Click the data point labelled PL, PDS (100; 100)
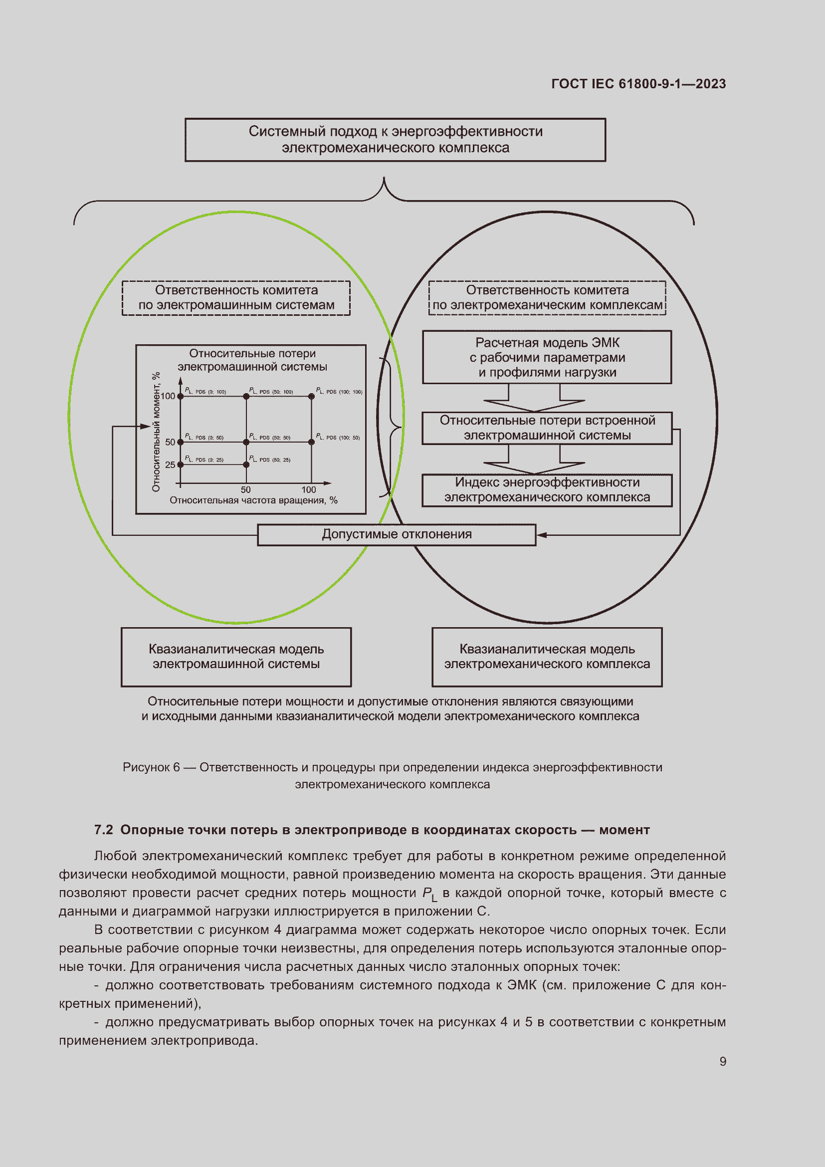tap(311, 397)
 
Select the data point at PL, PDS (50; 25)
tap(246, 465)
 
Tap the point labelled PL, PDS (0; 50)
tap(181, 442)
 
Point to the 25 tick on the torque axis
tap(170, 465)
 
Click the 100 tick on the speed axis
tap(308, 489)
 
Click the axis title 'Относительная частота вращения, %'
tap(253, 500)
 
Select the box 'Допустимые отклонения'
tap(396, 534)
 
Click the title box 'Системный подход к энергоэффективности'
tap(395, 140)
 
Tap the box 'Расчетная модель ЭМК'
tap(547, 357)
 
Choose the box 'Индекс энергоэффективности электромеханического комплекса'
tap(547, 489)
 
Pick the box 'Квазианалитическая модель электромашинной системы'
tap(236, 656)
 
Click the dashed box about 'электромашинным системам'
tap(236, 298)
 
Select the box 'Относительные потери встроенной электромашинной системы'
tap(547, 428)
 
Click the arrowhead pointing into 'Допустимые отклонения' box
tap(541, 535)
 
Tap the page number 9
tap(722, 1061)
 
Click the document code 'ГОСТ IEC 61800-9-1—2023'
tap(638, 84)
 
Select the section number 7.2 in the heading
tap(103, 830)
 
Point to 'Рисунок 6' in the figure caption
tap(151, 767)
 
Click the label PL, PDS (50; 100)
tap(271, 391)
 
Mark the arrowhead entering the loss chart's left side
tap(146, 427)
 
